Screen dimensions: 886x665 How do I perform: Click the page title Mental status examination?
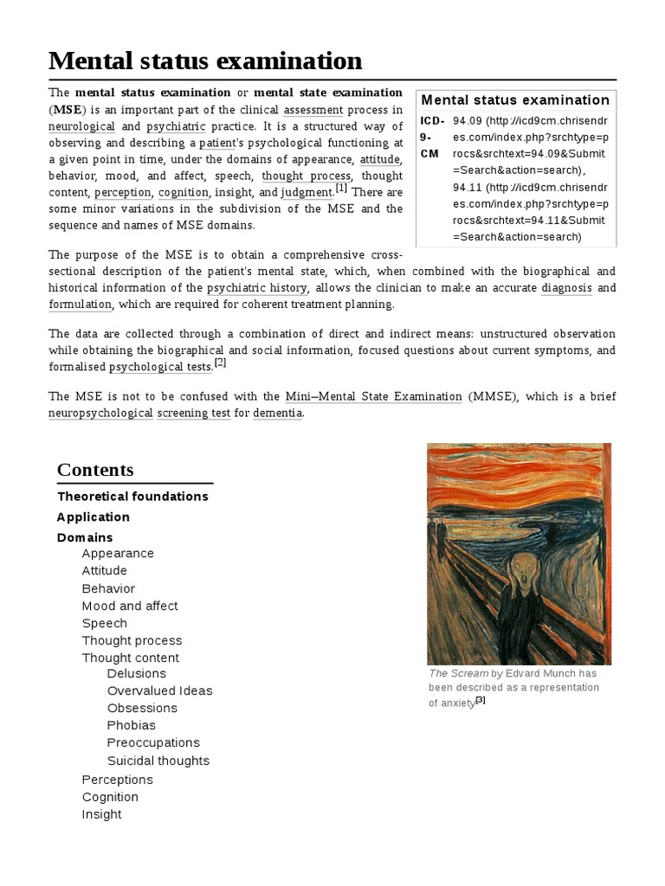point(205,61)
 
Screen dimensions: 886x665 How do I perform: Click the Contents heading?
point(95,470)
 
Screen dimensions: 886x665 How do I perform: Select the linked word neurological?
point(81,125)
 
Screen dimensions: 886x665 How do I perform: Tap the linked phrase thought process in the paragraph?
point(307,176)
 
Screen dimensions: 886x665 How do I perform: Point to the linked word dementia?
point(278,413)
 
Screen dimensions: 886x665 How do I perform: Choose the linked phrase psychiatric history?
point(256,287)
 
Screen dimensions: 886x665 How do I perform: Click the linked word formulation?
point(81,304)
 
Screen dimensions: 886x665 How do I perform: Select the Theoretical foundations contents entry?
point(132,496)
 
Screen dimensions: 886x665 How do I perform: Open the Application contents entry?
point(93,517)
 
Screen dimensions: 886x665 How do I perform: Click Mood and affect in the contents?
point(130,606)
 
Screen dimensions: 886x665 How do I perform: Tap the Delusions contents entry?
point(136,673)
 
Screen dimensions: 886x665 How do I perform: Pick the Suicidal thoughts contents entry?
point(158,761)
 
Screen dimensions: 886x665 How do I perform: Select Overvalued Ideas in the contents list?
point(159,690)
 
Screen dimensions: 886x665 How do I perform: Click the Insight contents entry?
point(101,814)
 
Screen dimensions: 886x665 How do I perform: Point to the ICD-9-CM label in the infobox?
point(431,137)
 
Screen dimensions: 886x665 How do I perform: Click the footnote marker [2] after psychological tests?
point(220,363)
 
